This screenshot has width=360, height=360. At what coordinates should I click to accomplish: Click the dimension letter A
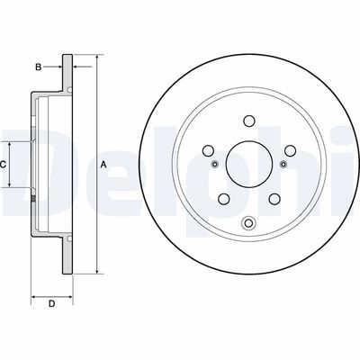coord(103,165)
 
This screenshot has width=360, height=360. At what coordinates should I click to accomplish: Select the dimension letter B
coord(38,67)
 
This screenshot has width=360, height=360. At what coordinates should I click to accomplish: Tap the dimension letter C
coord(4,165)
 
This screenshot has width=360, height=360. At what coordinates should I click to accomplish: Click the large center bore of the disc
coord(248,165)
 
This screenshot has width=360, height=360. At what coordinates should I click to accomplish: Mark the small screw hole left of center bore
coord(214,164)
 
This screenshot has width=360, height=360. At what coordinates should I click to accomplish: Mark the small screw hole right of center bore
coord(283,164)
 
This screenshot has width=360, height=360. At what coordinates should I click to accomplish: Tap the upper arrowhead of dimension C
coord(12,144)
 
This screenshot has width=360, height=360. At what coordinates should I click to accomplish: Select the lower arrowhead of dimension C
coord(12,185)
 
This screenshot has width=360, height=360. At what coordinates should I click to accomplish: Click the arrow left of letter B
coord(57,67)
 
